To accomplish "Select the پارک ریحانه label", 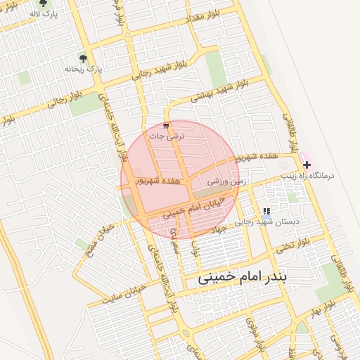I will (x=84, y=69).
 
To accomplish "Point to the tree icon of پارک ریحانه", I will (x=84, y=59).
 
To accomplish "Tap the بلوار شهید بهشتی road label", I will (x=220, y=91).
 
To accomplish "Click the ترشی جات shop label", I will (x=167, y=136).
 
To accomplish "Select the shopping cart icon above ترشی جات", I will (x=167, y=126).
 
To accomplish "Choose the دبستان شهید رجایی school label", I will (x=266, y=221).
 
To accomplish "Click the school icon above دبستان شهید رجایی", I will (x=266, y=211).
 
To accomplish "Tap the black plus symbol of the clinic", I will (x=307, y=165).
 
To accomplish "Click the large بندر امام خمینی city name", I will (x=242, y=276).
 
